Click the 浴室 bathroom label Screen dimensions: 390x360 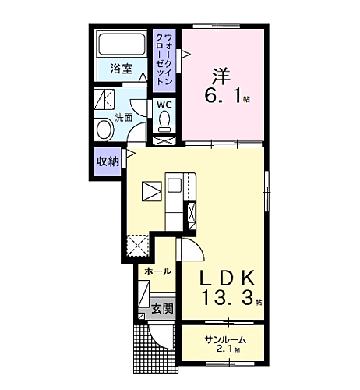[120, 69]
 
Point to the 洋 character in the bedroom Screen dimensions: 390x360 [221, 75]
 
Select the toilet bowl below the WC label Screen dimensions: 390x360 [164, 119]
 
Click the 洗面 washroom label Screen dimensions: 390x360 [124, 118]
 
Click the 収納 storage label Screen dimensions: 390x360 [108, 161]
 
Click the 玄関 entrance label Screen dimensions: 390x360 [163, 308]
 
